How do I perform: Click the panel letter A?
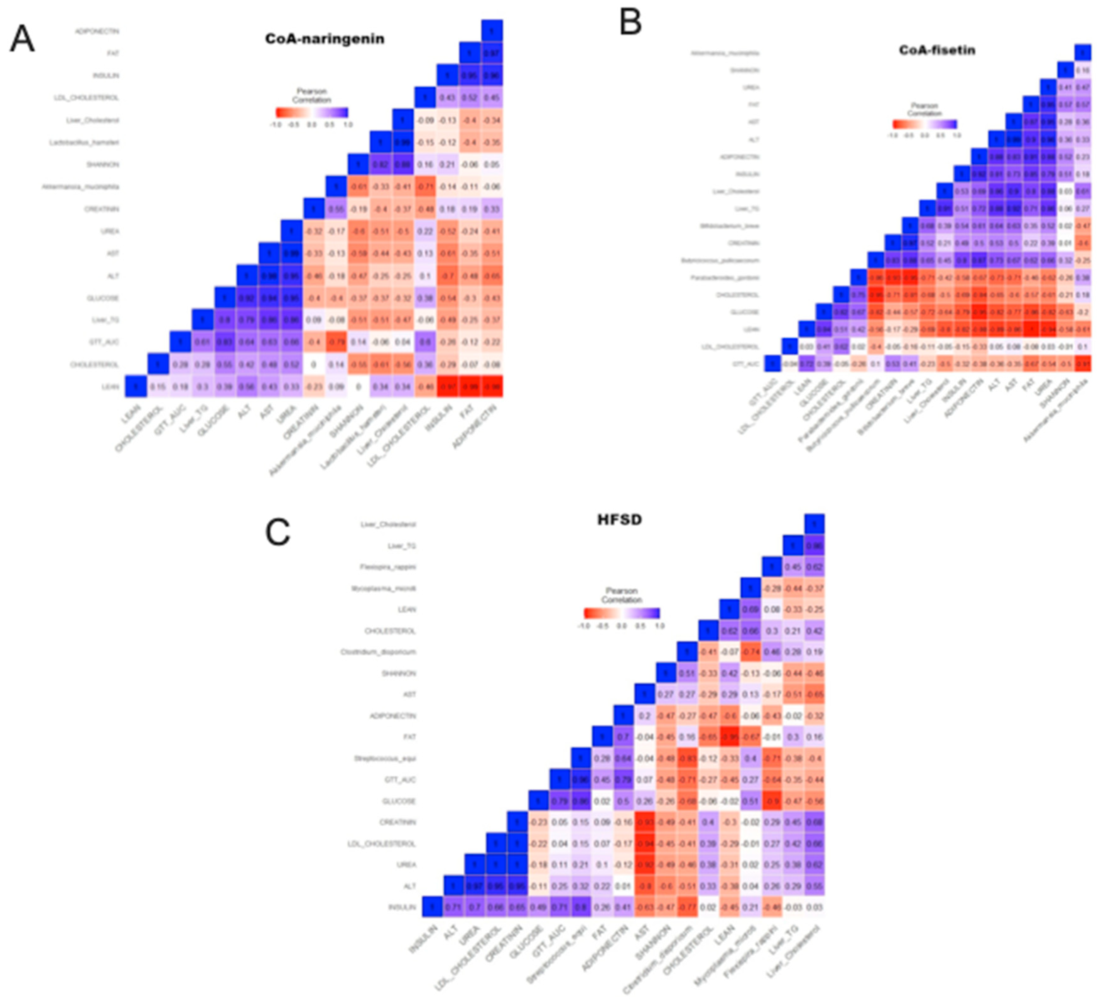click(22, 39)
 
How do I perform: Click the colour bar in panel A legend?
click(312, 113)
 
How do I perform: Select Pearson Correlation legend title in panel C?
click(622, 595)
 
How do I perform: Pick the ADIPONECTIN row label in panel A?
click(97, 31)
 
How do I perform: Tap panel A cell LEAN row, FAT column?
click(470, 387)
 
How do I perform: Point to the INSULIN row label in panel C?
click(402, 907)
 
